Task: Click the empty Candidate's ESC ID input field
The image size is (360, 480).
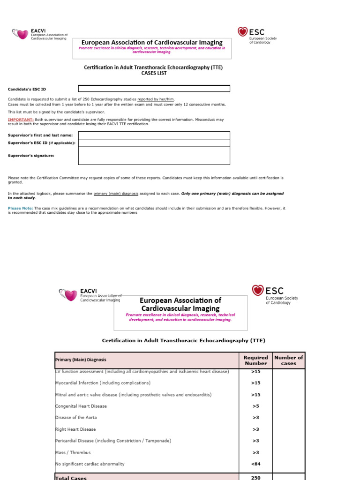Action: point(154,89)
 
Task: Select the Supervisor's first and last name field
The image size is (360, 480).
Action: point(154,135)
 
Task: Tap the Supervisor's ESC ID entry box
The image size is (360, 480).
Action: point(154,142)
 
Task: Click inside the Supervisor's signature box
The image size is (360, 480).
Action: point(154,156)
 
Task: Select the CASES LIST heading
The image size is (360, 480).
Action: point(154,73)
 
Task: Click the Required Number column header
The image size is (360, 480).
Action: point(255,360)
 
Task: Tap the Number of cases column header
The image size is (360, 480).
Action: point(288,360)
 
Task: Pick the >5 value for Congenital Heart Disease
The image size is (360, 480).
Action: point(255,406)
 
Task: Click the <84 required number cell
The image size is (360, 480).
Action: point(255,464)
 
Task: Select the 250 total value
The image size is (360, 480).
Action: point(255,477)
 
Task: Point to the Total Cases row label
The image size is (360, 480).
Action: point(71,478)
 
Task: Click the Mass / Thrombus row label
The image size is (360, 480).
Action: point(73,452)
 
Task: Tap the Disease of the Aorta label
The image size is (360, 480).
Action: point(76,418)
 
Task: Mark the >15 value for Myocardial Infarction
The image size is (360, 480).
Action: point(255,383)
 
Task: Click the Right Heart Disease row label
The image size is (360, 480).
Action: point(75,429)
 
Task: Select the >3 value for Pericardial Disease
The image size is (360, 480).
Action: point(255,441)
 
